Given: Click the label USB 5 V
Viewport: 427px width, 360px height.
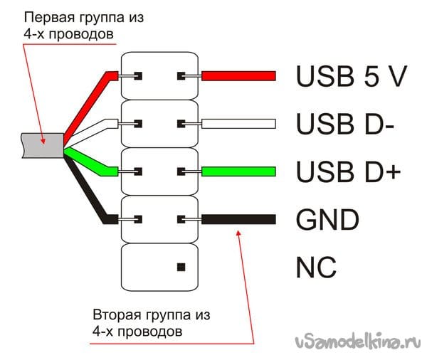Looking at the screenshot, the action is click(352, 76).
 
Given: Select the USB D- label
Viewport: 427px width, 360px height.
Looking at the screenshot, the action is click(345, 124).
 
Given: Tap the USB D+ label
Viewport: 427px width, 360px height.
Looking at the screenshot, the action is click(348, 171).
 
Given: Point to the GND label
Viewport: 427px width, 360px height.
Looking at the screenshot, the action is click(327, 219).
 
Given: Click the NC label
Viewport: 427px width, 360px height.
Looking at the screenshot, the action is click(316, 267).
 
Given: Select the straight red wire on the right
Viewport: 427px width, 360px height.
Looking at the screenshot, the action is click(238, 76).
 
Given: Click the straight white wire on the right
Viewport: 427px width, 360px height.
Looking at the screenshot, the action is click(238, 124).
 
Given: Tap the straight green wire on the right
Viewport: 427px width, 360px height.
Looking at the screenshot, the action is click(238, 171).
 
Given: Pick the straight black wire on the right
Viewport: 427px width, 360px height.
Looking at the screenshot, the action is click(238, 219).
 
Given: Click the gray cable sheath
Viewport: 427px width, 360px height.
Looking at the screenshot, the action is click(43, 145).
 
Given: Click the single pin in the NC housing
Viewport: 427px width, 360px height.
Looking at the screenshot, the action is click(181, 267).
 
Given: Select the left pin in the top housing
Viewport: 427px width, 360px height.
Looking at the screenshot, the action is click(138, 76).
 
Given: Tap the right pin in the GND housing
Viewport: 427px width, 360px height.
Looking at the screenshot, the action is click(181, 219).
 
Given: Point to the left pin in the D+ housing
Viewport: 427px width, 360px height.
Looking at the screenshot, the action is click(138, 171).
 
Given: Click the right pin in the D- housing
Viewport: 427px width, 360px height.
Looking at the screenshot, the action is click(181, 124).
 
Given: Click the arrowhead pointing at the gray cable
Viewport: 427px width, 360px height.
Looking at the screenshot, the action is click(43, 140).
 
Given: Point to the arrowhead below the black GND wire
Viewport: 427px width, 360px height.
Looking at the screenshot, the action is click(238, 234).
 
